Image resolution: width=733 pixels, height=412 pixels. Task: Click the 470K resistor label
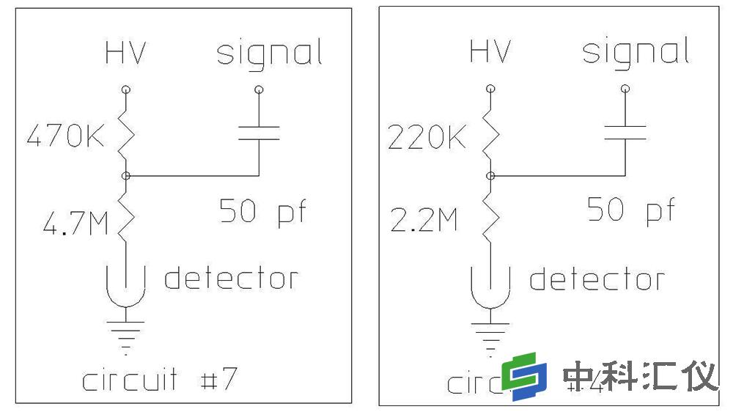pos(66,137)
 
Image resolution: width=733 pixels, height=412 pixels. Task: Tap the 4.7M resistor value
pos(75,223)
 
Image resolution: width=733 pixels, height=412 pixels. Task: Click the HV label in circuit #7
pos(125,54)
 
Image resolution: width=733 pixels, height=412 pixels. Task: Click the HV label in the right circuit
pos(489,52)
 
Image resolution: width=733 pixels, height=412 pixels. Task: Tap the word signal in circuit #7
pos(270,54)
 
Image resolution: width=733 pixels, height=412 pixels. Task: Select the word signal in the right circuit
pos(635,53)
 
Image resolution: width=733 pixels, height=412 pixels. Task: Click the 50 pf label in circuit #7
pos(262,213)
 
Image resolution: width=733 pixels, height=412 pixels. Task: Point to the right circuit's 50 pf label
pos(630,211)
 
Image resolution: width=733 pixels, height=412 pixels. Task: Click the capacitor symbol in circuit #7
pos(259,133)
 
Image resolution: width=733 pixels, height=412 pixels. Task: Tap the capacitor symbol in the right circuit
pos(625,132)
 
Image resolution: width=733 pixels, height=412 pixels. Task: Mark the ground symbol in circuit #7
pos(126,329)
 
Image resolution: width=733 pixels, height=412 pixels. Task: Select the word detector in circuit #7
pos(231,279)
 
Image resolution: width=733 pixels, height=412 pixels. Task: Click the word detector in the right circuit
pos(597,279)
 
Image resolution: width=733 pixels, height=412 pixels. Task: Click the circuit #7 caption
pos(159,380)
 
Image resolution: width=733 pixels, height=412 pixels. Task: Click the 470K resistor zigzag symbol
pos(126,134)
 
